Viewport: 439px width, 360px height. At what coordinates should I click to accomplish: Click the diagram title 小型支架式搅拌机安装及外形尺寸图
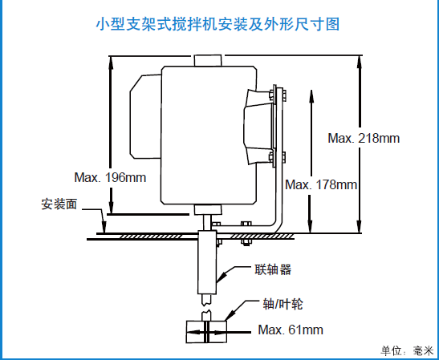[x=217, y=24]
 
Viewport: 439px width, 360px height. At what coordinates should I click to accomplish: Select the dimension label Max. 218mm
[x=364, y=138]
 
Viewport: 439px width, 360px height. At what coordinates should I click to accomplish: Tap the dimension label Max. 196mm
[x=110, y=177]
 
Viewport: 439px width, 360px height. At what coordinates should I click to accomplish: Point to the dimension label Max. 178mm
[x=321, y=184]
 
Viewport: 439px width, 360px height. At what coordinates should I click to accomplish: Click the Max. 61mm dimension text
[x=291, y=330]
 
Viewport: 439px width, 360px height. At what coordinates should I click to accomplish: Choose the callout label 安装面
[x=59, y=204]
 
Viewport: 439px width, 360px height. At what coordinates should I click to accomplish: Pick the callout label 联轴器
[x=273, y=269]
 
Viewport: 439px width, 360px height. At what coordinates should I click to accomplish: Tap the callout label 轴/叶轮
[x=283, y=304]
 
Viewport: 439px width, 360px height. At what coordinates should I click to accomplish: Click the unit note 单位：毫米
[x=407, y=351]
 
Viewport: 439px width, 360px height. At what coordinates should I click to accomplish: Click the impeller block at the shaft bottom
[x=206, y=332]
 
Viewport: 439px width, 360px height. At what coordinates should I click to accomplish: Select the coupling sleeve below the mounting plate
[x=207, y=262]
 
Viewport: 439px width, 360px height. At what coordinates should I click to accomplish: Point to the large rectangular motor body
[x=209, y=136]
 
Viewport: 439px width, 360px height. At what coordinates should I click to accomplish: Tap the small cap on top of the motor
[x=208, y=60]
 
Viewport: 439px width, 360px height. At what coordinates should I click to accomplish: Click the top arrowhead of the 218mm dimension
[x=360, y=62]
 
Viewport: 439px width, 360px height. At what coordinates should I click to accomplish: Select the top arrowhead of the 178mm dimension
[x=311, y=95]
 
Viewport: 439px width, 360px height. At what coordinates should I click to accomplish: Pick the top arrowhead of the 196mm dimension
[x=111, y=63]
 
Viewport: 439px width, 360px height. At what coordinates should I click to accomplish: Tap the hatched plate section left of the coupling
[x=151, y=237]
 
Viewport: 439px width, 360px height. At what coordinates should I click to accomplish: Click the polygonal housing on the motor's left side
[x=145, y=117]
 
